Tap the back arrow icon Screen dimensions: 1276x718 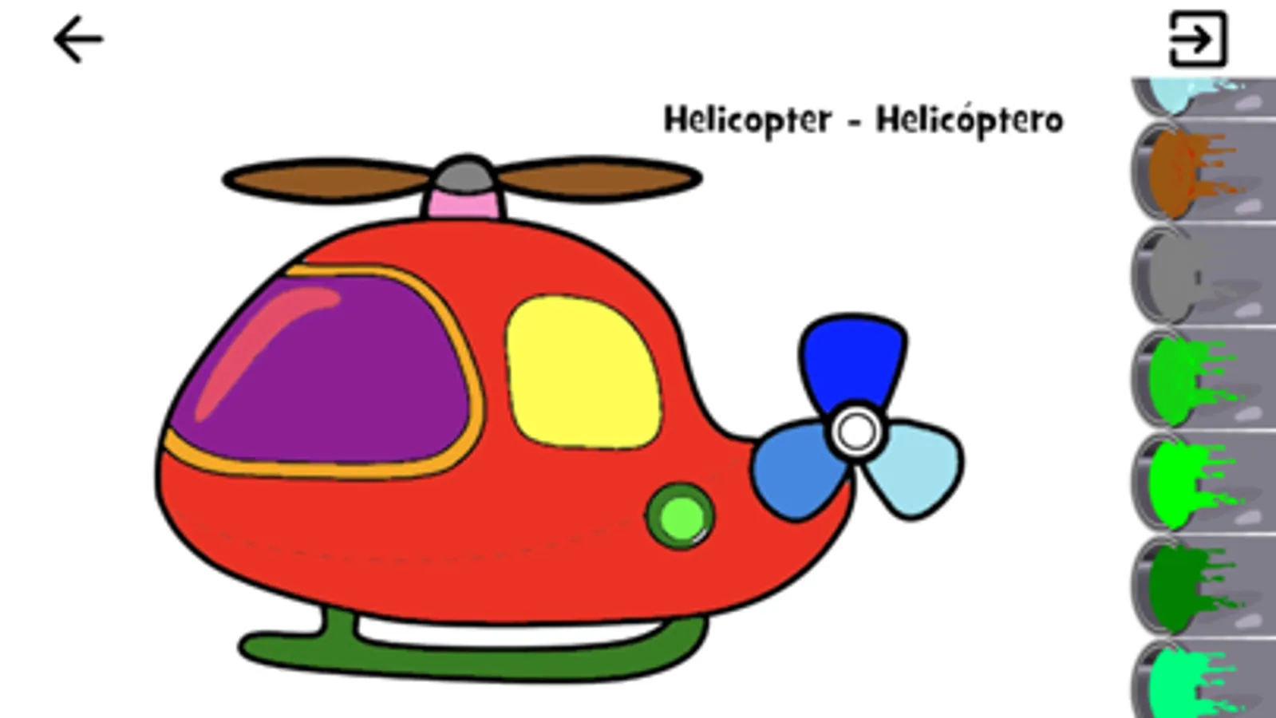pyautogui.click(x=78, y=39)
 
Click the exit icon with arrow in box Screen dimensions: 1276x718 pyautogui.click(x=1198, y=39)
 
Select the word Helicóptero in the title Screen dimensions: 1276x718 pyautogui.click(x=970, y=120)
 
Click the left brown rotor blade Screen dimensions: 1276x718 pyautogui.click(x=327, y=180)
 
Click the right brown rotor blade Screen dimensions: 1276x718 pyautogui.click(x=598, y=179)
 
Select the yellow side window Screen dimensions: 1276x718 pyautogui.click(x=583, y=372)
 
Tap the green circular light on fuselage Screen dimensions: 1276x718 pyautogui.click(x=681, y=516)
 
